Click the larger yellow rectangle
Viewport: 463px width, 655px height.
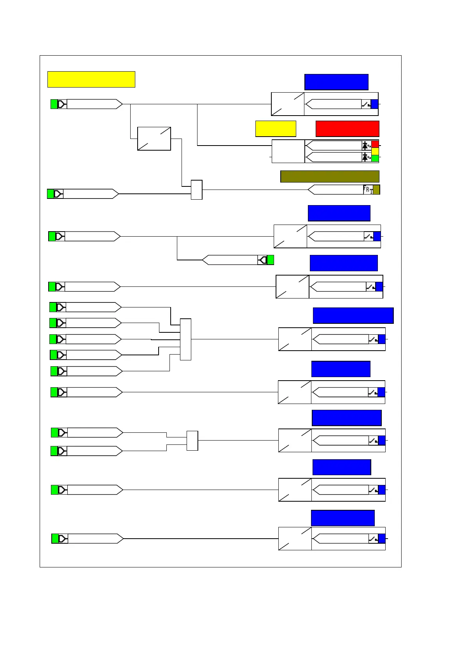click(x=91, y=79)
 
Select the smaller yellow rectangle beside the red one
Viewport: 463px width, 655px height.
click(x=276, y=128)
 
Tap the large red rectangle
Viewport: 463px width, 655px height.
click(x=347, y=128)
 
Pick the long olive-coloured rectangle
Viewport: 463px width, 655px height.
click(x=330, y=176)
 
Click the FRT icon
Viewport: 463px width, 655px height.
click(x=368, y=190)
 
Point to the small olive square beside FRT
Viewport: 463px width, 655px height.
click(x=376, y=190)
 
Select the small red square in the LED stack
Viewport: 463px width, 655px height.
click(x=375, y=144)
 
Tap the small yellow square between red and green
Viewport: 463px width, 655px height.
click(x=375, y=151)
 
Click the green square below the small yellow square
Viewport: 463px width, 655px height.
click(x=375, y=158)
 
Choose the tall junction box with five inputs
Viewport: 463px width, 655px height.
click(x=185, y=339)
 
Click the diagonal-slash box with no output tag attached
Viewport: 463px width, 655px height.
click(x=154, y=139)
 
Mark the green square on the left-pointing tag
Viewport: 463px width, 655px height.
click(x=271, y=260)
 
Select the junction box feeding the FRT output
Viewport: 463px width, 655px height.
click(x=197, y=190)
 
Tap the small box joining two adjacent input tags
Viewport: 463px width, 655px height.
click(x=192, y=441)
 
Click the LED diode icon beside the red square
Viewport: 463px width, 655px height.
click(x=366, y=146)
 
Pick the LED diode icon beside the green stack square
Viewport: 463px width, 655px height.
click(x=366, y=157)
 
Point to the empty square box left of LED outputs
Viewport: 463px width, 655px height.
click(x=288, y=151)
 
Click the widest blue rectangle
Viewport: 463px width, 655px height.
click(x=353, y=315)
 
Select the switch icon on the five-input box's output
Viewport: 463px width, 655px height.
click(x=373, y=339)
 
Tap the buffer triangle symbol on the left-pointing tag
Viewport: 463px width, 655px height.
click(x=263, y=260)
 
